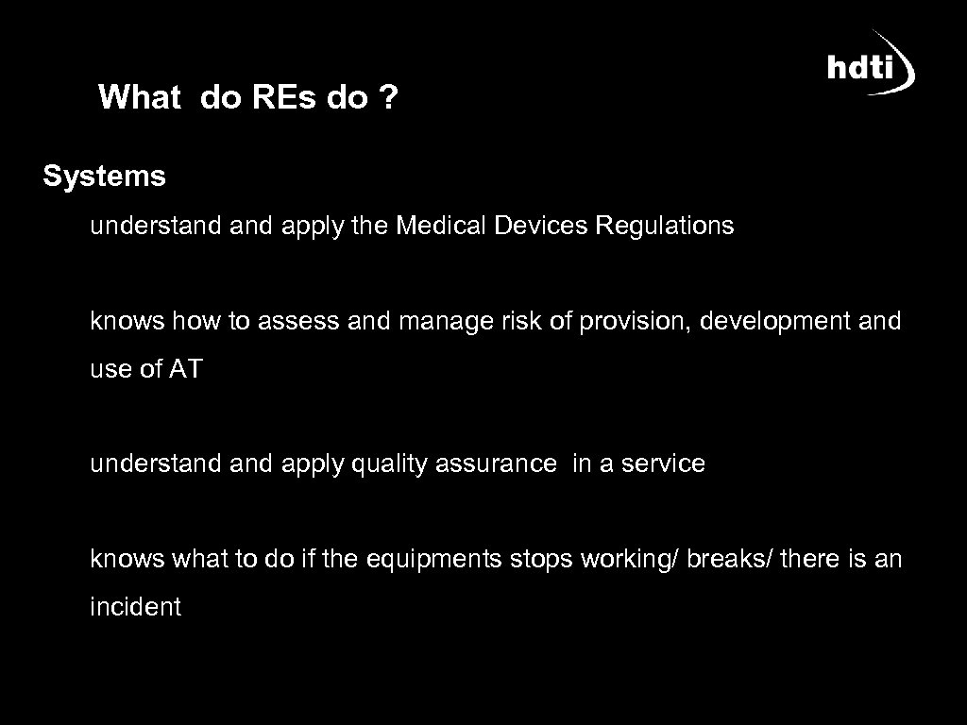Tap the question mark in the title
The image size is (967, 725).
point(388,97)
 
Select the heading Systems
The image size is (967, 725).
point(104,176)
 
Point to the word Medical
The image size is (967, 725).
point(440,226)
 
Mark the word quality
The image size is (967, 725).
point(388,464)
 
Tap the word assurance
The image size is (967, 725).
point(497,464)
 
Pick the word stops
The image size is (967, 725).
point(541,560)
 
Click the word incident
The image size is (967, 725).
point(135,607)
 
